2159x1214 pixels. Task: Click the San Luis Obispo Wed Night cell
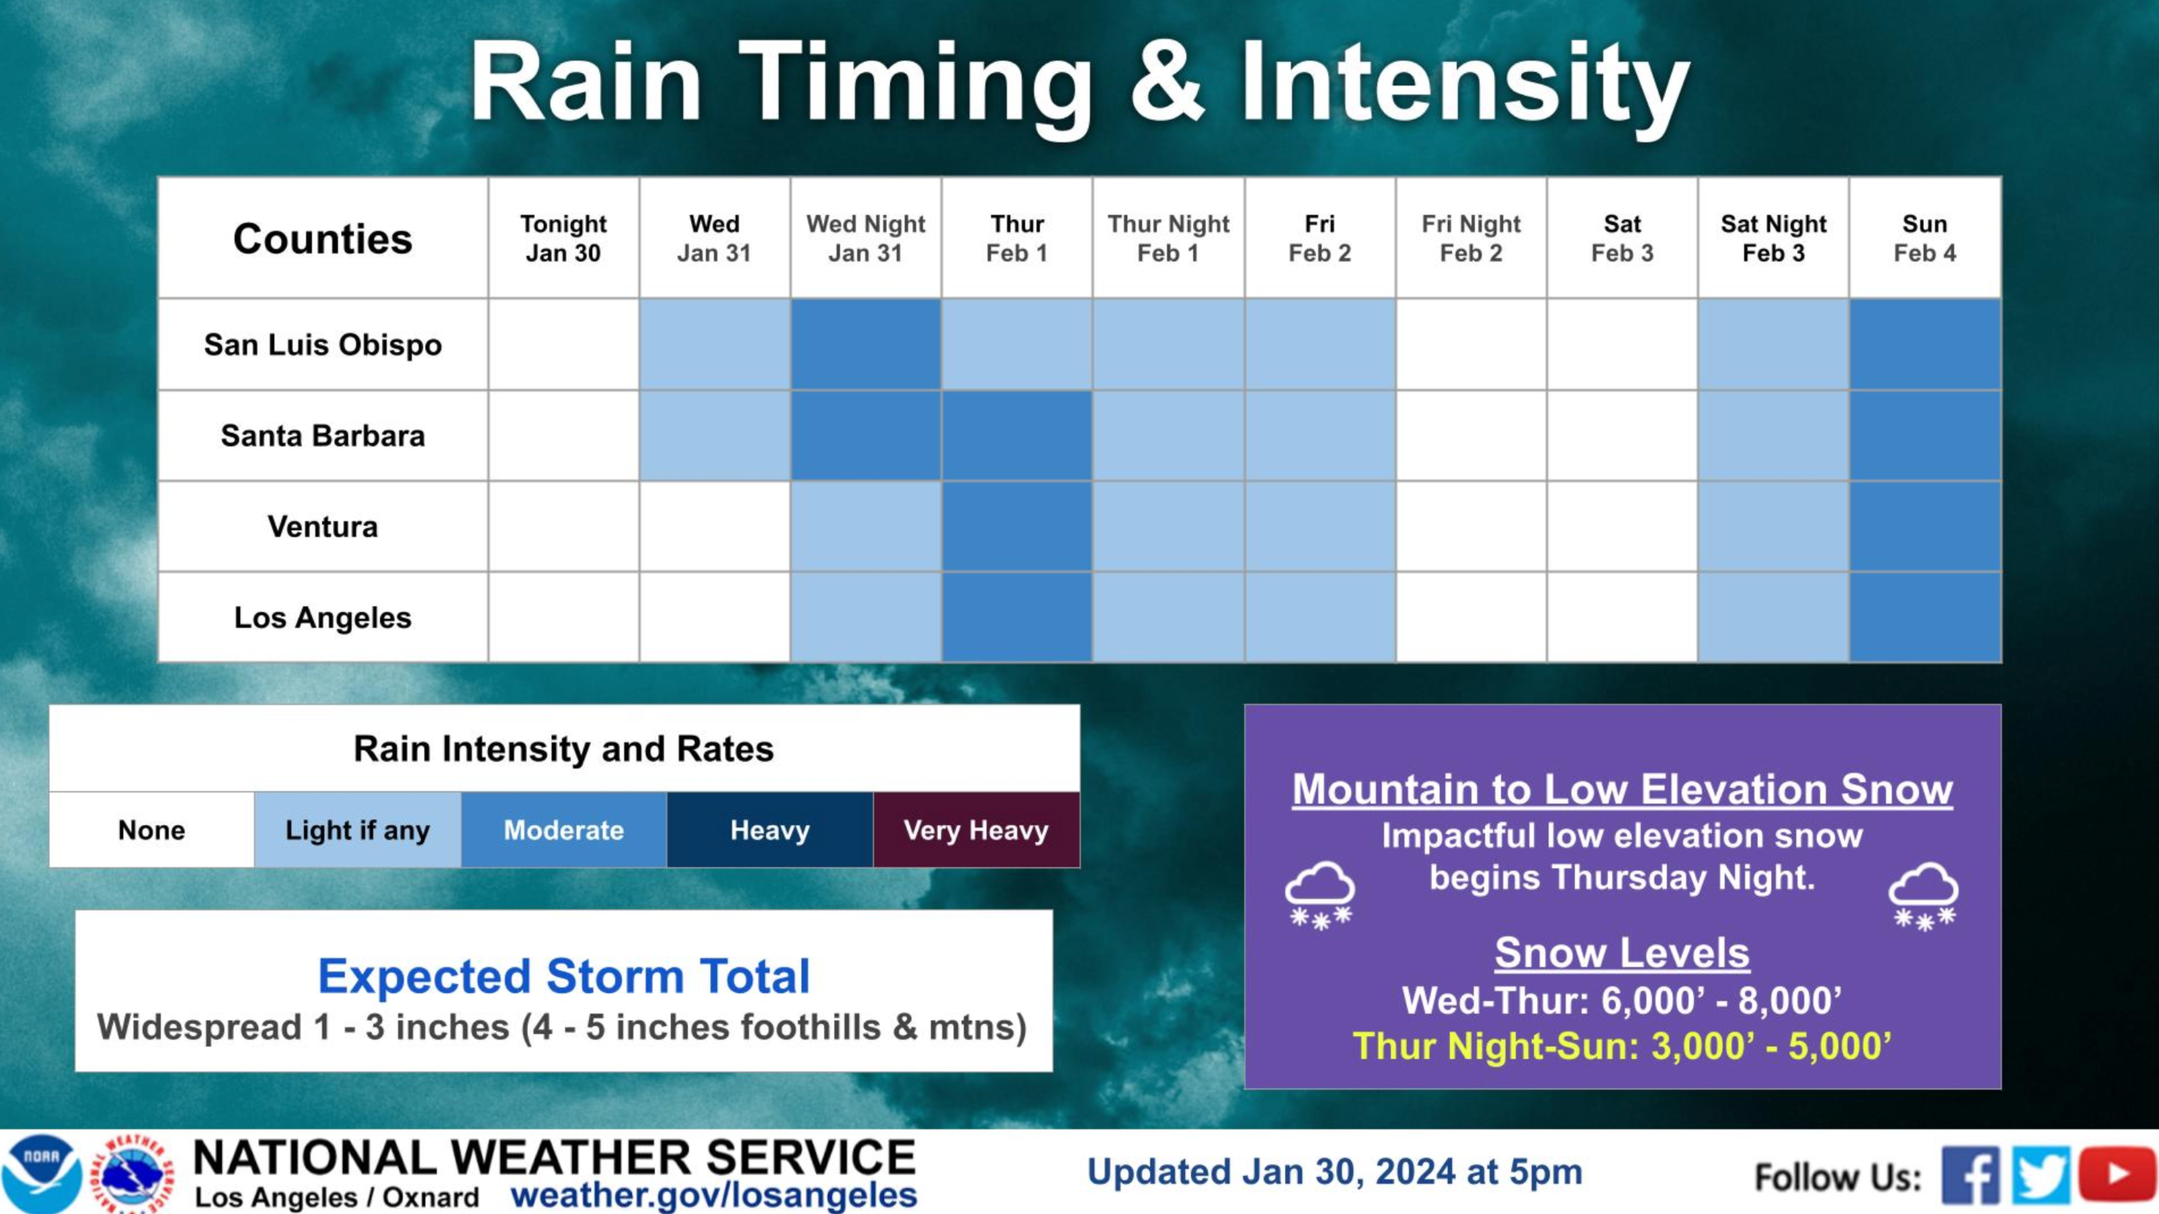(866, 344)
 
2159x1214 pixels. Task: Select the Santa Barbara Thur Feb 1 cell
(1017, 435)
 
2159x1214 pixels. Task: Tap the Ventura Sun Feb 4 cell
(1925, 526)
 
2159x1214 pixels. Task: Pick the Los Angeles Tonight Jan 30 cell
(563, 617)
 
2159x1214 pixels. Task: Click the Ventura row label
(323, 526)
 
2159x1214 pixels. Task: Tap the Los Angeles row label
(323, 617)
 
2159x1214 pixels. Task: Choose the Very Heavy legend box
(976, 829)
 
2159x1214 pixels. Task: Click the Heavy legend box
(769, 829)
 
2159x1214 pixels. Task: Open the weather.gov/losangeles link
(714, 1195)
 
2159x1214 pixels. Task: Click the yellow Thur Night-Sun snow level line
(1622, 1046)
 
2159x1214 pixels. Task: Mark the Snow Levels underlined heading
(1622, 953)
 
